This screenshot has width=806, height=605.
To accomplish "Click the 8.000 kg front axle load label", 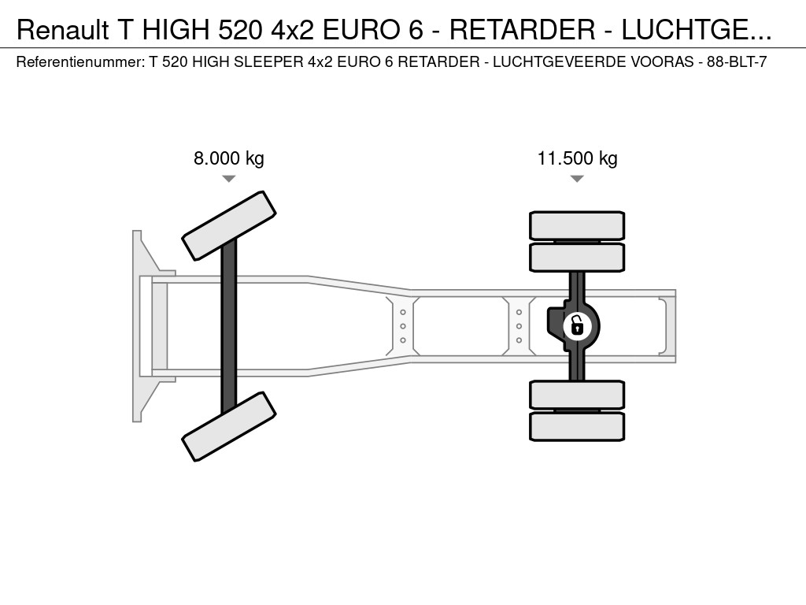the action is click(x=229, y=158).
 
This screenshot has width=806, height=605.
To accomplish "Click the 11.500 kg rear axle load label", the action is click(x=577, y=158).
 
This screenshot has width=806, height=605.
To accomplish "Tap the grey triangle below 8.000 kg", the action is click(x=229, y=179).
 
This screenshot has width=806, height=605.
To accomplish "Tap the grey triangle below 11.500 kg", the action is click(x=577, y=179).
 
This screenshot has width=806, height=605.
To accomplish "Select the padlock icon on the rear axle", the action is click(x=577, y=326).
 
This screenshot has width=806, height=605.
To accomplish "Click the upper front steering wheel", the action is click(x=229, y=226).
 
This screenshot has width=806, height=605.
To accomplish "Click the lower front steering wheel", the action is click(x=229, y=426).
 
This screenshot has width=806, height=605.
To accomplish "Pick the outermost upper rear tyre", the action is click(x=577, y=225).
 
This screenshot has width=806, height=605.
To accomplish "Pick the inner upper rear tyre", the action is click(x=577, y=258).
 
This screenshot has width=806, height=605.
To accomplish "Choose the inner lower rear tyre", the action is click(x=577, y=395).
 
